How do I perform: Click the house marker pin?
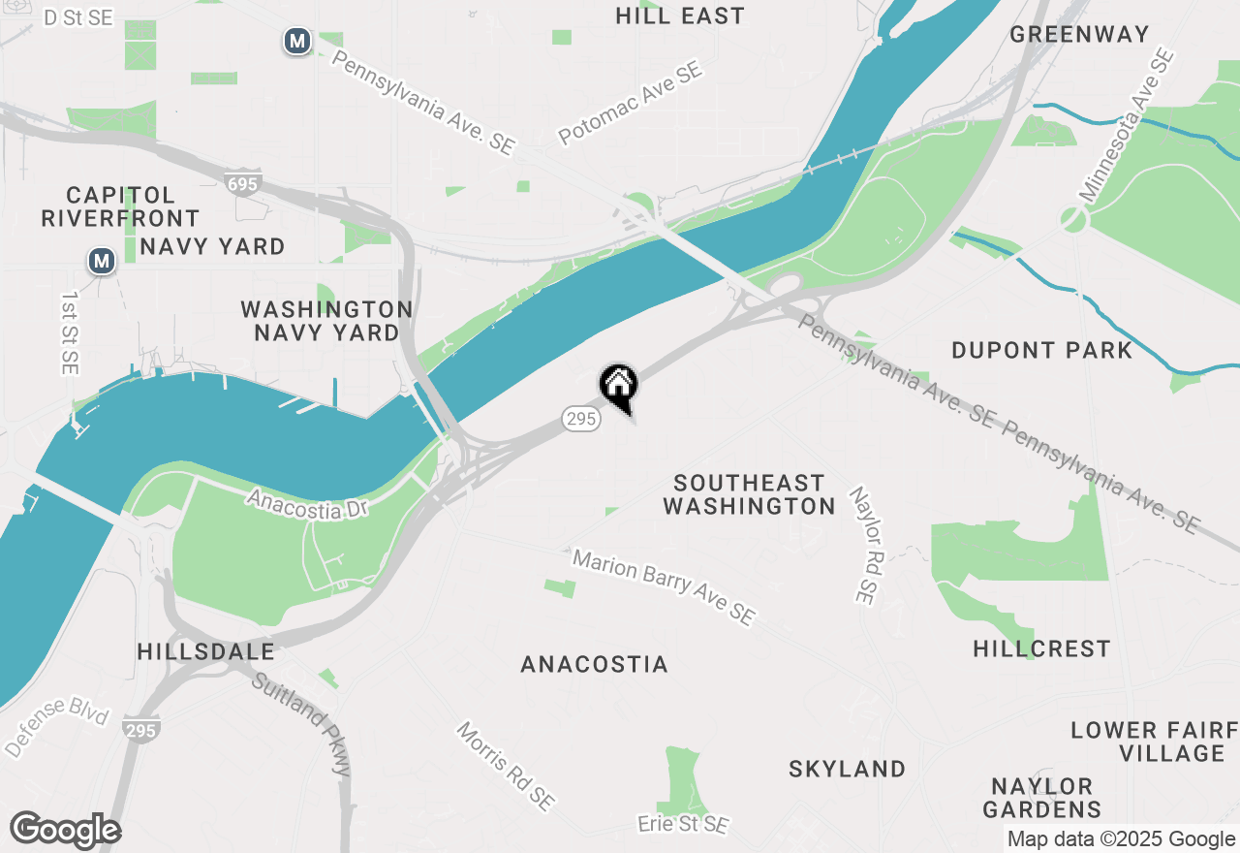click(x=618, y=384)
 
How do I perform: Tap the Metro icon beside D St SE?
click(x=297, y=42)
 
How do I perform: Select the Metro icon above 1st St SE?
click(x=101, y=261)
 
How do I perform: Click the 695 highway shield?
click(x=240, y=183)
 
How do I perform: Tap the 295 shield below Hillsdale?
click(x=141, y=730)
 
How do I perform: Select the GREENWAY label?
click(x=1079, y=34)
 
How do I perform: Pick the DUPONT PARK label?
click(x=1041, y=350)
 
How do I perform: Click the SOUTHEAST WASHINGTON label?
click(x=750, y=494)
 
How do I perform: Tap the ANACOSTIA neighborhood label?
click(x=594, y=664)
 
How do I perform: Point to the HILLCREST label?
click(x=1041, y=648)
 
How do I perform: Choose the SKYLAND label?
click(x=847, y=769)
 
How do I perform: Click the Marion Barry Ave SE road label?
click(x=663, y=587)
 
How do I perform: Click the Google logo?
click(x=66, y=831)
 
